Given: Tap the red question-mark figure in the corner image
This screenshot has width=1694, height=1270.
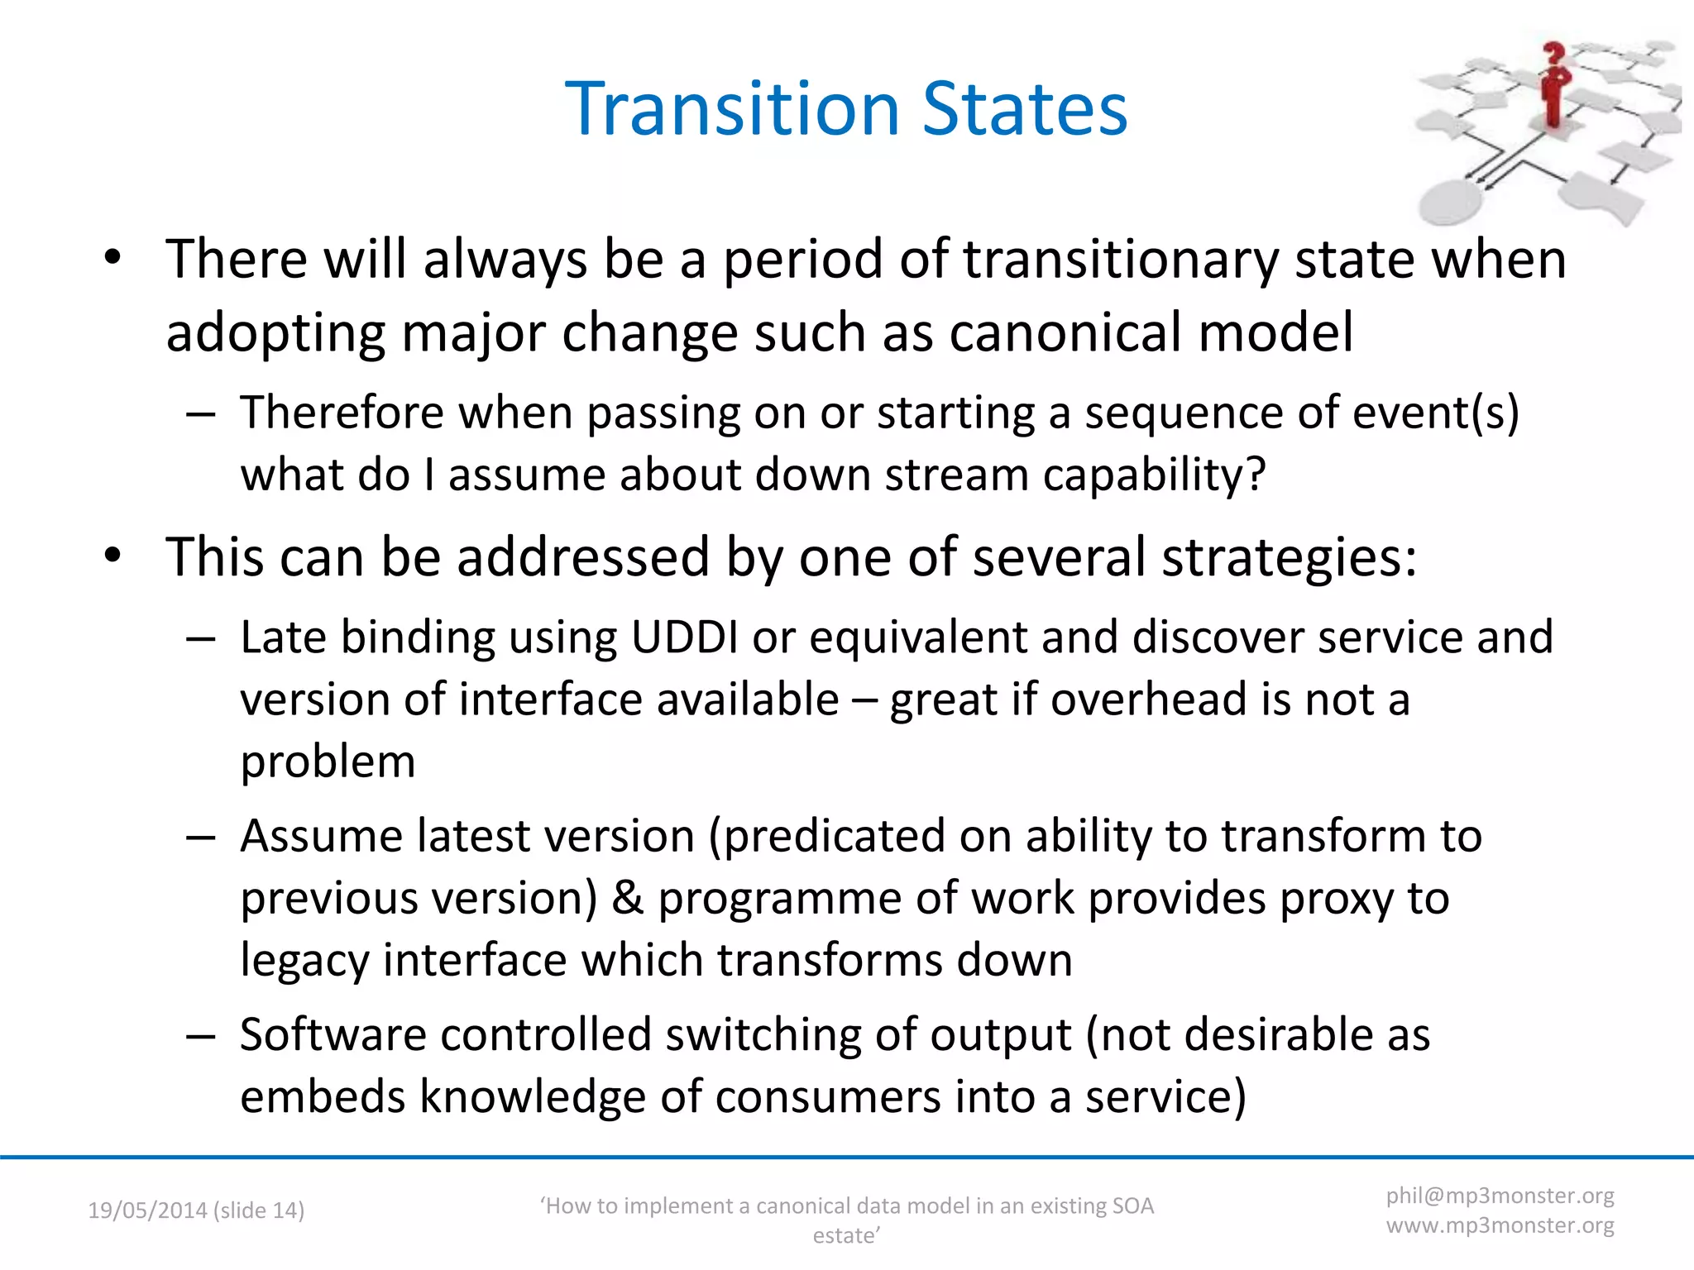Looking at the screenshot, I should pos(1555,87).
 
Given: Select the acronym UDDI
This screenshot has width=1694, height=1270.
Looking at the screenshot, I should pos(684,637).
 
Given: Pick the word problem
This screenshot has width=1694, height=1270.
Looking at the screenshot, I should pos(328,762).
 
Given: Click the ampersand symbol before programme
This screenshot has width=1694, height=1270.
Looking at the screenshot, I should pos(628,898).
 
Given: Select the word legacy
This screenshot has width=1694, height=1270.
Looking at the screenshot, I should pos(304,961).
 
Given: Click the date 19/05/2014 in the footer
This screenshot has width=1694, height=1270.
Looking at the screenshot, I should pos(147,1210).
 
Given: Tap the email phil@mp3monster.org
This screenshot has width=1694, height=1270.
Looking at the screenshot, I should pos(1500,1196).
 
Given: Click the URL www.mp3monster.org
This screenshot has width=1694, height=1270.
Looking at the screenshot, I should pos(1500,1225).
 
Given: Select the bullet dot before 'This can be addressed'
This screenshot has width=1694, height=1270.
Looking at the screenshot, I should pos(113,556).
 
